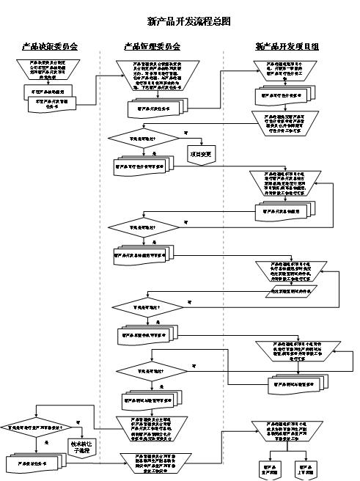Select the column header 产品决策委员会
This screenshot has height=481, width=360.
pyautogui.click(x=50, y=47)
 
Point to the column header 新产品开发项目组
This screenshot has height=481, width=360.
pyautogui.click(x=287, y=47)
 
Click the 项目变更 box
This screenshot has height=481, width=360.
pyautogui.click(x=201, y=155)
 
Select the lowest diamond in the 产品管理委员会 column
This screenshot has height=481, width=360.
pyautogui.click(x=153, y=370)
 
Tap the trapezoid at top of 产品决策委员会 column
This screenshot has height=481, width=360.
pyautogui.click(x=50, y=70)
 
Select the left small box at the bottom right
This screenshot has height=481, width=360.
pyautogui.click(x=267, y=467)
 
